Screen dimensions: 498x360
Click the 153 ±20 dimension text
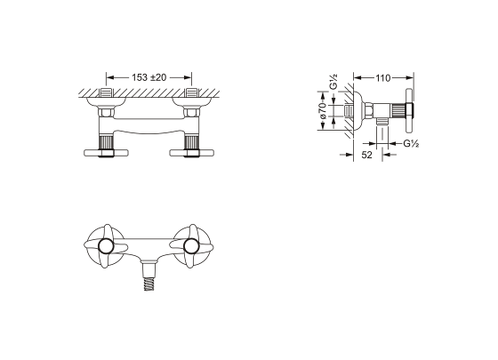point(149,77)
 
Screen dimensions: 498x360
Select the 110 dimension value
point(382,78)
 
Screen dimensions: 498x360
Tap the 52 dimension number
point(366,155)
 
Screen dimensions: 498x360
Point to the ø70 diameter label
point(323,110)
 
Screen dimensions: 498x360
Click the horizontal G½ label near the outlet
point(411,144)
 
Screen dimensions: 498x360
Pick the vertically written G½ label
point(333,82)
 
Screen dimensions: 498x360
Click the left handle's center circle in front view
point(106,246)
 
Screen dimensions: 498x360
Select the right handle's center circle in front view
point(191,246)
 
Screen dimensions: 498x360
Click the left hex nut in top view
point(106,112)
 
